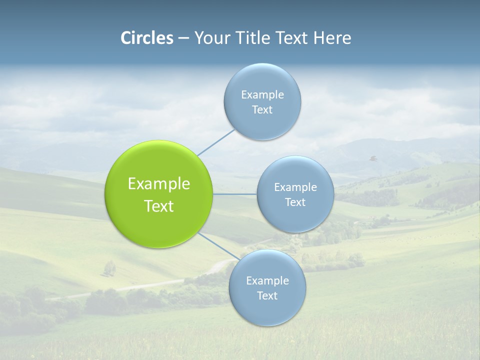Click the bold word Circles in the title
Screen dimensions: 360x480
coord(146,38)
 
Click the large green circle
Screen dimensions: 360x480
coord(159,165)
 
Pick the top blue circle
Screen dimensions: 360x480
coord(262,80)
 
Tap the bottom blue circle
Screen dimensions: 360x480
coord(267,310)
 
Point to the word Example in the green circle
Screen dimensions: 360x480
coord(159,184)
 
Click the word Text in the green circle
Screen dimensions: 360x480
coord(159,206)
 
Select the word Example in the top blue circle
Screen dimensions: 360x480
coord(262,95)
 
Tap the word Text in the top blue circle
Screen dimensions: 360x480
coord(262,110)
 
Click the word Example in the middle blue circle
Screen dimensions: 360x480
coord(295,187)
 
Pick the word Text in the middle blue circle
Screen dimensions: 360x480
coord(295,202)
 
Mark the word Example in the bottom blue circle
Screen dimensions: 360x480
coord(267,281)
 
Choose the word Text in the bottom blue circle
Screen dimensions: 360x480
coord(267,296)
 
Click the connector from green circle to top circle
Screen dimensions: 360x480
coord(215,142)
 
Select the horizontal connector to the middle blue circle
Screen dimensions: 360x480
coord(235,194)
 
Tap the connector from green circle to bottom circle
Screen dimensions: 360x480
coord(218,246)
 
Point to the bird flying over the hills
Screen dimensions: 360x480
coord(372,158)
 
